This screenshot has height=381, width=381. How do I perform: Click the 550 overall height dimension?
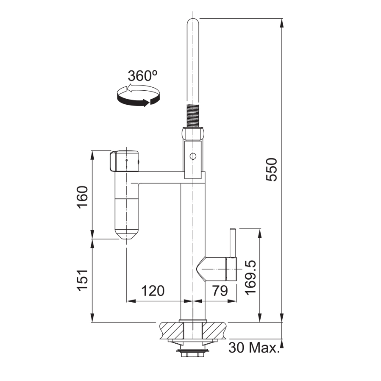[271, 170]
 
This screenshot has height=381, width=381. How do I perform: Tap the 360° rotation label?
[143, 76]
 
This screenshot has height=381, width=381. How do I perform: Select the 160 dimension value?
[83, 197]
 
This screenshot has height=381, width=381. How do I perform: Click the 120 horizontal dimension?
[153, 291]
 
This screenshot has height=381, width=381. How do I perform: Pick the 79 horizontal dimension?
[220, 291]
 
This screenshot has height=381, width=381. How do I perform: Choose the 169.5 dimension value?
[251, 278]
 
